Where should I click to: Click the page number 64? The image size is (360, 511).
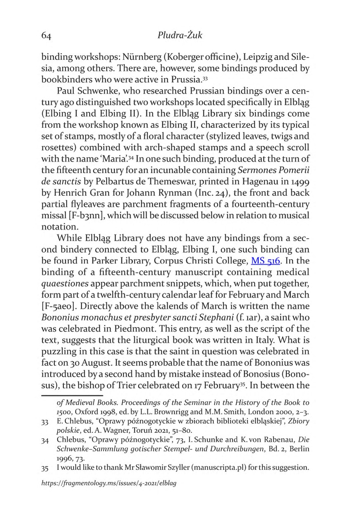46,36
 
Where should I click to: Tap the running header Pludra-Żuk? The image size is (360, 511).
180,35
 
